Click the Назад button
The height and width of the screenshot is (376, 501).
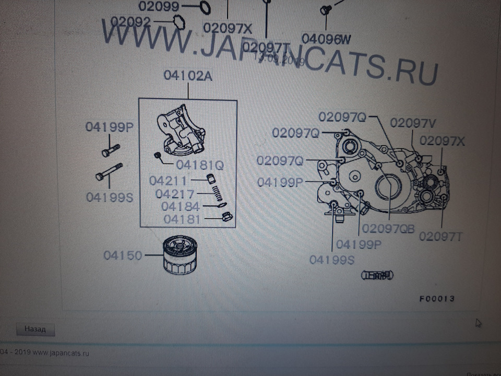click(x=35, y=330)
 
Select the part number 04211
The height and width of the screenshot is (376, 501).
click(x=168, y=182)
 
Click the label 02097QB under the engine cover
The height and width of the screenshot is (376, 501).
click(x=388, y=229)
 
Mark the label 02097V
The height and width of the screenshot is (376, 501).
click(x=413, y=123)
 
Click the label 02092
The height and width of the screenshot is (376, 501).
click(x=131, y=22)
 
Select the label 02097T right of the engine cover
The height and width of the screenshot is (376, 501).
click(x=441, y=236)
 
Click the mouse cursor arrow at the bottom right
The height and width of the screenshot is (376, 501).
click(x=478, y=323)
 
